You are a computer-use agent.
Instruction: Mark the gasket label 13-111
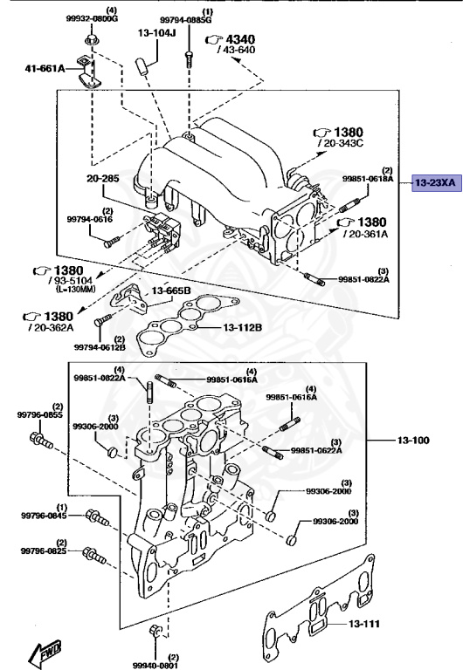(x=366, y=625)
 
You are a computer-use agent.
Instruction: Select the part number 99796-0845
(x=44, y=515)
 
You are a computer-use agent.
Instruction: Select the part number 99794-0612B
(x=100, y=348)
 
